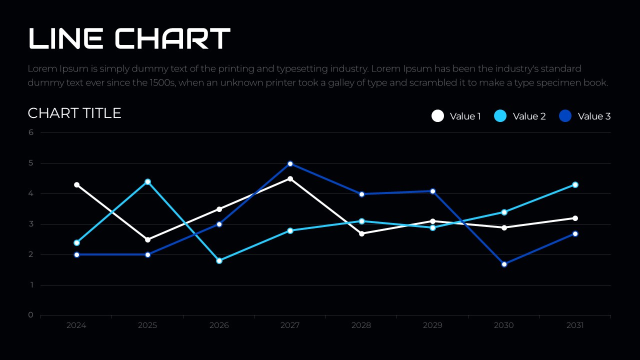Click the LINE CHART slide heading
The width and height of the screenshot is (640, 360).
tap(129, 38)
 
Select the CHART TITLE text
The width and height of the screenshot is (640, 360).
tap(74, 113)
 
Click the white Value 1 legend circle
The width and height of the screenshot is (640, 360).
tap(437, 116)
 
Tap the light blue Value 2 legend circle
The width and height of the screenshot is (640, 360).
tap(500, 116)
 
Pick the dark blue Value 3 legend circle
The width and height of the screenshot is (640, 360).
tap(565, 116)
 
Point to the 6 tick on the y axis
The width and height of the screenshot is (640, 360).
tap(31, 132)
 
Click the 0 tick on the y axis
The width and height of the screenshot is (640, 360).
tap(31, 315)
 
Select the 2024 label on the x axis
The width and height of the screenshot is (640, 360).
tap(76, 325)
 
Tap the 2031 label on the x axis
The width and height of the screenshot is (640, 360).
tap(575, 325)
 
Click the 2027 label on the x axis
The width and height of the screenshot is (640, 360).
tap(290, 325)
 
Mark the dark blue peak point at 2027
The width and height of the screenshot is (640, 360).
tap(290, 163)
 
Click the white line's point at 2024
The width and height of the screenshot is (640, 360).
tap(76, 185)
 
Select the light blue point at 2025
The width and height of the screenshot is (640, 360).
tap(147, 182)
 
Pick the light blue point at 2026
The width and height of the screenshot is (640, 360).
tap(219, 260)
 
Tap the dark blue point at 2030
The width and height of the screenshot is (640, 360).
tap(504, 264)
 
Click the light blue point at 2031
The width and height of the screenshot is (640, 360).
tap(575, 185)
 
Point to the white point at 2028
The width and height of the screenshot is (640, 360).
tap(361, 233)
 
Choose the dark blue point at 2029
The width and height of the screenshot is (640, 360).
tap(432, 191)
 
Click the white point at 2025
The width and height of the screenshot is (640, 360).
tap(147, 239)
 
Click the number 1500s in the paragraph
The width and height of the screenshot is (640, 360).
tap(162, 82)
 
